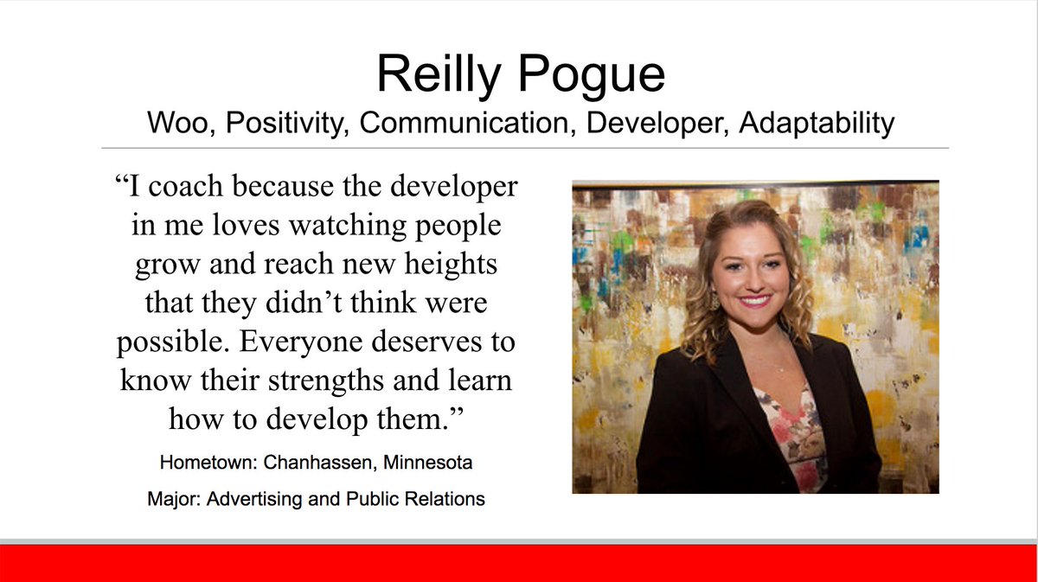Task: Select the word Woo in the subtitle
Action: (x=176, y=123)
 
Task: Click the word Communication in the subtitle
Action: (x=467, y=123)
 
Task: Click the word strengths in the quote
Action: (x=345, y=381)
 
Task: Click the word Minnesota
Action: (x=429, y=463)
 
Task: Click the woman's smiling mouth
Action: (x=755, y=301)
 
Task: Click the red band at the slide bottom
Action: (x=519, y=563)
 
